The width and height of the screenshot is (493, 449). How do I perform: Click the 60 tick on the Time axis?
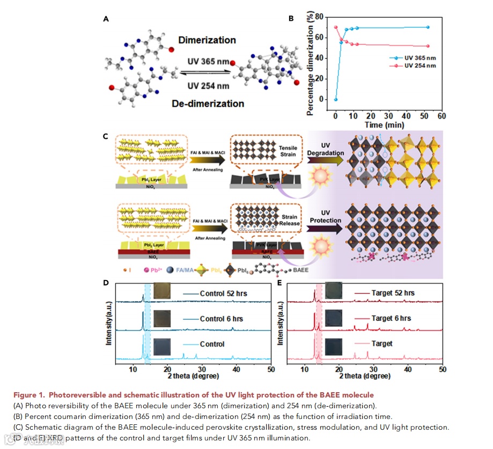coord(442,115)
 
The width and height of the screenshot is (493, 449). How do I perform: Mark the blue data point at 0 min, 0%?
coord(335,99)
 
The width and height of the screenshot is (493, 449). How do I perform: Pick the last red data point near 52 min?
coord(428,46)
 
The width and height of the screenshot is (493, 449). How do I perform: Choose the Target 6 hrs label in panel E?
coord(391,318)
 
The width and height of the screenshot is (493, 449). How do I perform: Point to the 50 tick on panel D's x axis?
coord(271,369)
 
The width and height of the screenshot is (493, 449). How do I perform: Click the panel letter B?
coord(291,19)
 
